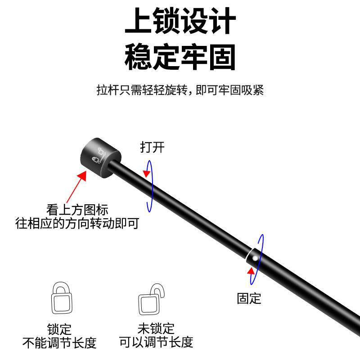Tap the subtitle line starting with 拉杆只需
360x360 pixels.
point(180,90)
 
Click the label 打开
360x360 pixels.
point(152,147)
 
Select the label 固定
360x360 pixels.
point(249,298)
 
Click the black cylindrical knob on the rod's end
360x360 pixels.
point(102,155)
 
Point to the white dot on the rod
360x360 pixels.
point(255,258)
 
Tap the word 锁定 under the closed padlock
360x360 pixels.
point(59,329)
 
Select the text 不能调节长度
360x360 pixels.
point(59,343)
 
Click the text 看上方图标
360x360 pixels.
point(77,210)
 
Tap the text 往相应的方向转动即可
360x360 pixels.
point(77,222)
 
